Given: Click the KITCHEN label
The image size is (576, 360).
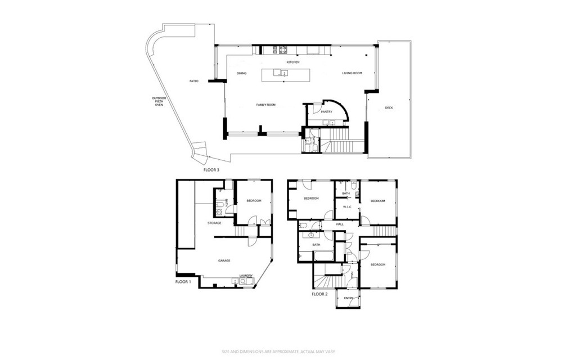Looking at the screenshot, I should coord(292,62).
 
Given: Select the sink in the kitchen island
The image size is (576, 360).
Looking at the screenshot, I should coord(282,73).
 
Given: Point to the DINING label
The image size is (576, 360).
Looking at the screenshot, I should coord(241,74).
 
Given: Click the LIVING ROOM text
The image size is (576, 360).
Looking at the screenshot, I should coord(352,74).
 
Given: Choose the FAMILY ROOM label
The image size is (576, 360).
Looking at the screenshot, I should coord(265,105).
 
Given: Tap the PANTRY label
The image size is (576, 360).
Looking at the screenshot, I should coord(326,112).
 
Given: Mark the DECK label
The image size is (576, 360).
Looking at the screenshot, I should coord(389,108).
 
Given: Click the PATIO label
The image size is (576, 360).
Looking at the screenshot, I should coord(193,82).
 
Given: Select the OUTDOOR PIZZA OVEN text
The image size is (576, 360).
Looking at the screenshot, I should coord(159,101).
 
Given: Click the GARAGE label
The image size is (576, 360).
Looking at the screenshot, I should coord(224,260).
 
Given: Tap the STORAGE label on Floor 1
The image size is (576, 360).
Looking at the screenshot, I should coord(214,223).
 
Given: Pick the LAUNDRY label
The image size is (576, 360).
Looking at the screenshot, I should coord(246,276).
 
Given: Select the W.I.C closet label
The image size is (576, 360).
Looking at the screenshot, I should coord(347,207).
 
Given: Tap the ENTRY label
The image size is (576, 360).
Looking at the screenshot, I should coord(348,298).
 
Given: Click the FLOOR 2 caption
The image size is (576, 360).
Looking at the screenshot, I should coord(319,294).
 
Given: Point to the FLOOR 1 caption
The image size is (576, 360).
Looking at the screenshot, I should coord(183,281).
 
